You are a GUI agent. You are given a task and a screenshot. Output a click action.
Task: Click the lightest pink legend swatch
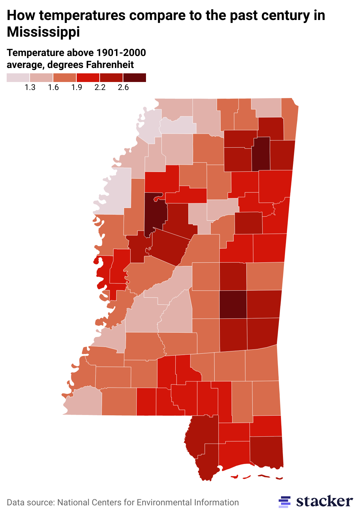(18, 77)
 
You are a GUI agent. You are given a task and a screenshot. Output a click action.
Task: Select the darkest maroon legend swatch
(135, 77)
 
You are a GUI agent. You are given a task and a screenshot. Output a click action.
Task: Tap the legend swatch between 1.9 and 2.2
(88, 77)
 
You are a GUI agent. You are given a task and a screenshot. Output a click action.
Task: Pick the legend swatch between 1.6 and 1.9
(65, 77)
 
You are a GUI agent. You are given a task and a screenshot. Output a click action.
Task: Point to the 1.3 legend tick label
(30, 87)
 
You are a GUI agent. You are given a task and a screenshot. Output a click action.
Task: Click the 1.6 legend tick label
(53, 87)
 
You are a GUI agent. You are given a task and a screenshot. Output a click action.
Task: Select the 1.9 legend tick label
(77, 87)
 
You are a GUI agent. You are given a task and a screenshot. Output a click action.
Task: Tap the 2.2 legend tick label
(100, 87)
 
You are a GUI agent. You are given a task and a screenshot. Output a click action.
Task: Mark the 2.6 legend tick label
(123, 87)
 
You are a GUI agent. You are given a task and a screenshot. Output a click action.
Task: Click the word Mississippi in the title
(43, 32)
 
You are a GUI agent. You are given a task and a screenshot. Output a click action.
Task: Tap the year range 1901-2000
(121, 53)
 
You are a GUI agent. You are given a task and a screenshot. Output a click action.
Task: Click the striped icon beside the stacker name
(284, 502)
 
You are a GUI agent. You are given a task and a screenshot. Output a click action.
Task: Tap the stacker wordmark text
(324, 501)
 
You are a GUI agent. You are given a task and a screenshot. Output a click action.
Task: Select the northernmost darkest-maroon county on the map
(261, 153)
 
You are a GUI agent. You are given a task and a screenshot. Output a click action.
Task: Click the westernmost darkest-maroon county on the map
(156, 213)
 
